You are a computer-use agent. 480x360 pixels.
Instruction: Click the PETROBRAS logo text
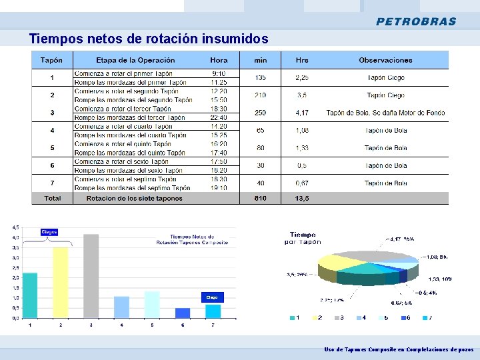tap(416, 21)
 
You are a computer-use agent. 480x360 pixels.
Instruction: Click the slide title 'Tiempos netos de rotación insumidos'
tap(149, 39)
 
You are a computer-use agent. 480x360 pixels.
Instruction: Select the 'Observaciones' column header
tap(385, 60)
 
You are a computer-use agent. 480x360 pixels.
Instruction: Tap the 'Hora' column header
tap(219, 60)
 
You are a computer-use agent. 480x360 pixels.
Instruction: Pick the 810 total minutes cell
tap(260, 198)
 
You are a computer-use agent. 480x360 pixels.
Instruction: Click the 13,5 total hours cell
tap(302, 198)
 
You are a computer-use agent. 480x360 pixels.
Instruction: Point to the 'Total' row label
tap(52, 198)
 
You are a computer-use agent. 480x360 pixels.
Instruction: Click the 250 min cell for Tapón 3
tap(260, 113)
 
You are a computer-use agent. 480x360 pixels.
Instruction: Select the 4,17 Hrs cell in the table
tap(302, 113)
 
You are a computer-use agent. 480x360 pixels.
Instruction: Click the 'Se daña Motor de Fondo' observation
tap(407, 113)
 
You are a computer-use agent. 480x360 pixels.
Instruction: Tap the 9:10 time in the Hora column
tap(219, 73)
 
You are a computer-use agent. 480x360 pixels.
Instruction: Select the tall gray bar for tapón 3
tap(91, 276)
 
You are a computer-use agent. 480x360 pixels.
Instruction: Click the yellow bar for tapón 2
tap(60, 283)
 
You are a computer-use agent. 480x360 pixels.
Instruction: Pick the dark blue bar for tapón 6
tap(182, 313)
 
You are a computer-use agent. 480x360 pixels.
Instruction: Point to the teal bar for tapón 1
tap(29, 295)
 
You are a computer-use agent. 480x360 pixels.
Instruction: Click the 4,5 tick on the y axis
tap(16, 227)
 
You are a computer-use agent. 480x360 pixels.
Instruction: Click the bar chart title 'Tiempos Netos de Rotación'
tap(192, 239)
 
